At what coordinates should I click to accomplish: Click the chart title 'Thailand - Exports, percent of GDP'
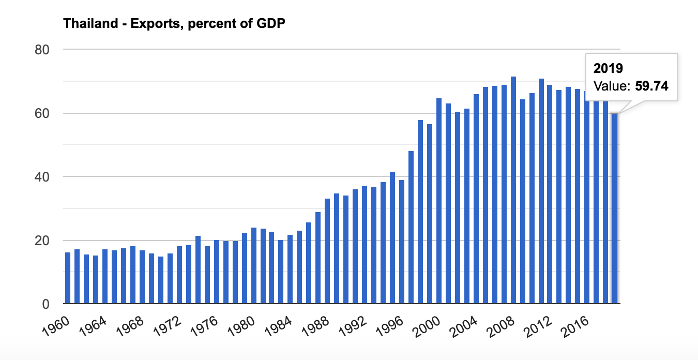174,24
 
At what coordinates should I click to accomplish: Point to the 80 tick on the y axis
41,50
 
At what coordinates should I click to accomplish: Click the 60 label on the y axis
41,113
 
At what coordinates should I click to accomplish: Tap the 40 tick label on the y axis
41,177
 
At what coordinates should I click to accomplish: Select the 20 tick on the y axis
41,241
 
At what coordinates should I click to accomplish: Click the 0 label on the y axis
45,304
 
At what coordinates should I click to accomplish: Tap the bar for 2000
439,201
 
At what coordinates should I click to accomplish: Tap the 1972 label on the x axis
166,327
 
